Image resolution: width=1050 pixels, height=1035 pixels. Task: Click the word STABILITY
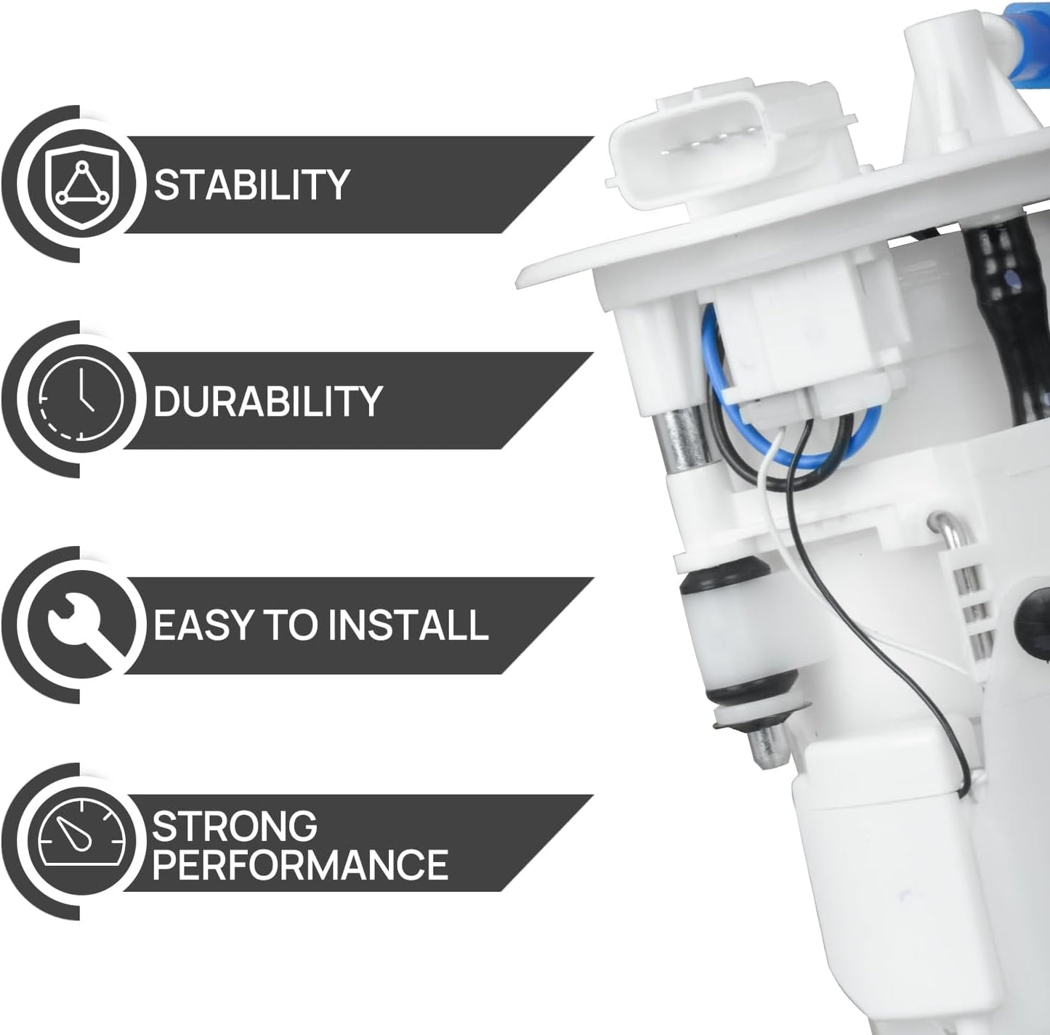click(251, 185)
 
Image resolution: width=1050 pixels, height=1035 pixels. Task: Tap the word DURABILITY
click(267, 402)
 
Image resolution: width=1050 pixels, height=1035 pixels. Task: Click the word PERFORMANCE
click(300, 865)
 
